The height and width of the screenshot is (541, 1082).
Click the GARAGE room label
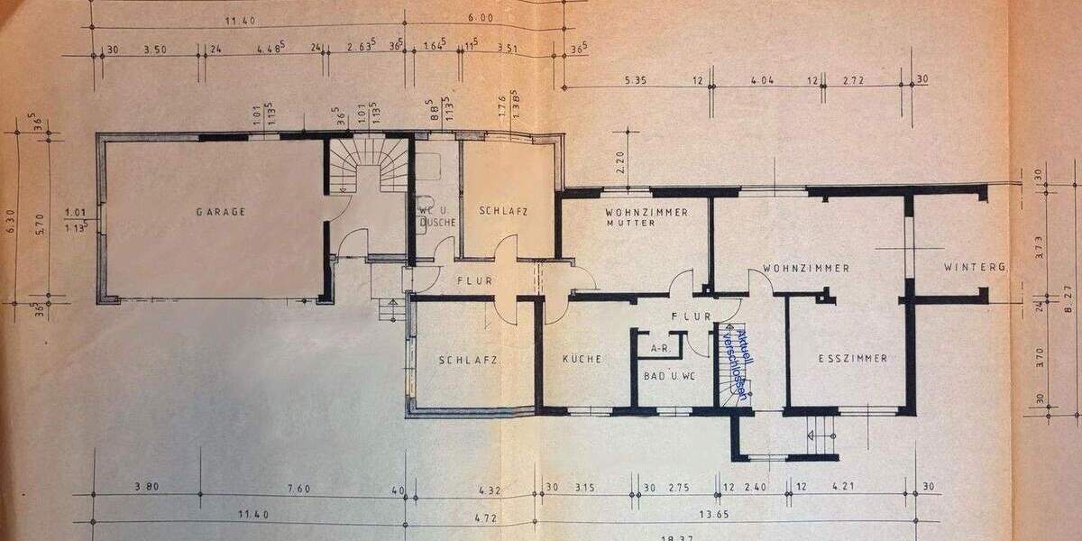pyautogui.click(x=221, y=213)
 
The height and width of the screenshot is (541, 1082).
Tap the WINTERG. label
pyautogui.click(x=975, y=268)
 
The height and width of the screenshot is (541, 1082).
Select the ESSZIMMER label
pyautogui.click(x=852, y=359)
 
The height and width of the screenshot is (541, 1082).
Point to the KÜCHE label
pyautogui.click(x=582, y=359)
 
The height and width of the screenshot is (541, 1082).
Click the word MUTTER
pyautogui.click(x=631, y=223)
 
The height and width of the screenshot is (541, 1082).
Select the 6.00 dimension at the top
pyautogui.click(x=481, y=17)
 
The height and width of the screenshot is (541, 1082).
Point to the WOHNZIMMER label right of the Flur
pyautogui.click(x=805, y=268)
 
